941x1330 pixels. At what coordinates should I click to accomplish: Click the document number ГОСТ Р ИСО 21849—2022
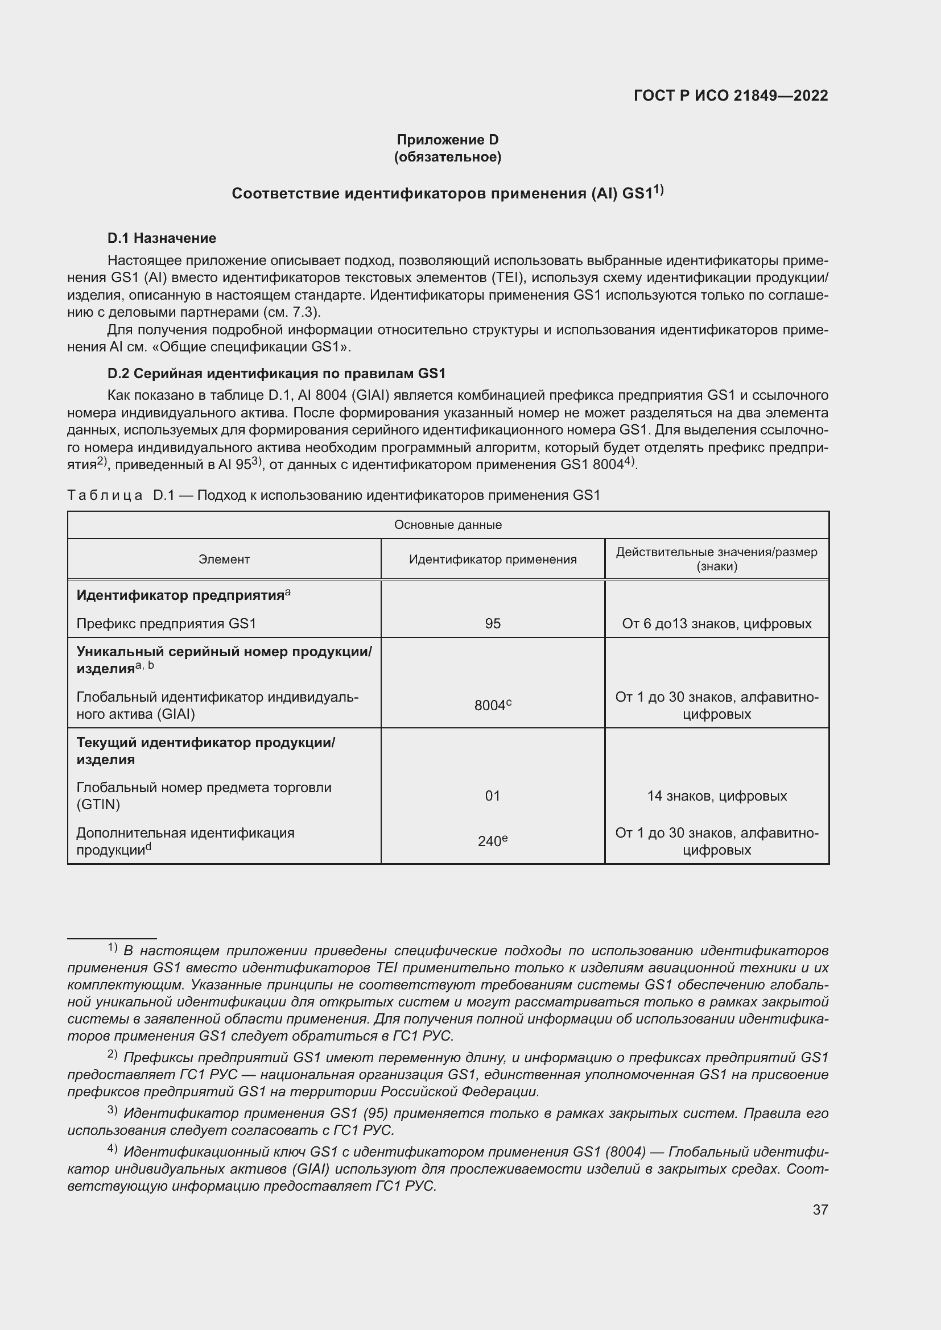click(730, 96)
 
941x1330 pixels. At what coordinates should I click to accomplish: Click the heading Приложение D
click(447, 140)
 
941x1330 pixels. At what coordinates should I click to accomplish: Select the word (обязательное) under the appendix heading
click(447, 157)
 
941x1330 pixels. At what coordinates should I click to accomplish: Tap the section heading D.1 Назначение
click(162, 238)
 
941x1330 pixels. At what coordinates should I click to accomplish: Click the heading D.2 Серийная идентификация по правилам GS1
click(276, 373)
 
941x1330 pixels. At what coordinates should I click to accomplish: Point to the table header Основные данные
click(447, 525)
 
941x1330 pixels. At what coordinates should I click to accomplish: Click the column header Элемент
click(224, 559)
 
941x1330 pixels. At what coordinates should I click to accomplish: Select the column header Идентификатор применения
click(493, 559)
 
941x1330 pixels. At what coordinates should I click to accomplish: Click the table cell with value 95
click(493, 623)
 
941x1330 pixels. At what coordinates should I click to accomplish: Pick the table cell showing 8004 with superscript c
click(493, 705)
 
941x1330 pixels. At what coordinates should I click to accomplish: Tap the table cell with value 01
click(493, 795)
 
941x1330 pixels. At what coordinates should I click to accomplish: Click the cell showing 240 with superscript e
click(493, 840)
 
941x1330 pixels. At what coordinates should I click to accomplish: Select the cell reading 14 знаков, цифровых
click(717, 795)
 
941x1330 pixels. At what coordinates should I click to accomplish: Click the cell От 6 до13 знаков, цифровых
click(717, 623)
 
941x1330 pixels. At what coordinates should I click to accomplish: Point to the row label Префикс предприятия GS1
click(166, 623)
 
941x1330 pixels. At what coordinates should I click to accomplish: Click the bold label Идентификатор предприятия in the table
click(181, 595)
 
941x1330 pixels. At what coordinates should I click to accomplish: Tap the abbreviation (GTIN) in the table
click(98, 804)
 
